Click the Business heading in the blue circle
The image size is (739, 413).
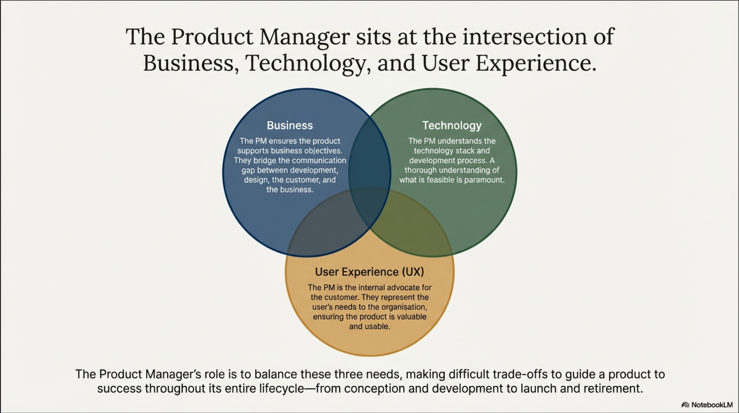click(x=290, y=125)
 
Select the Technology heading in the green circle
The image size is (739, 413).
click(x=452, y=125)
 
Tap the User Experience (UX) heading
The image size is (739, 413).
click(x=369, y=272)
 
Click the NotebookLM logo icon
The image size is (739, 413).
click(x=685, y=405)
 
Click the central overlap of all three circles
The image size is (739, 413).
click(x=370, y=207)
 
